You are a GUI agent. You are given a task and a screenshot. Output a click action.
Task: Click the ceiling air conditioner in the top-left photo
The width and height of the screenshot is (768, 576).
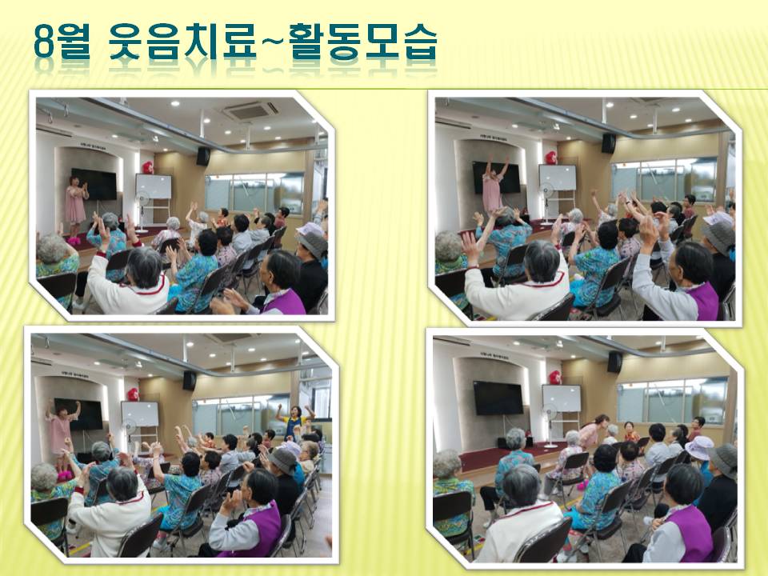[x=250, y=112]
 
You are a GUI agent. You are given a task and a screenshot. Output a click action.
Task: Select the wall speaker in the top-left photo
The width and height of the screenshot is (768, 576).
[x=202, y=156]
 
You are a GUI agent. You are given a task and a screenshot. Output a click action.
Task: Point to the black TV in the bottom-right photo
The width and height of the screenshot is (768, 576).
[x=498, y=398]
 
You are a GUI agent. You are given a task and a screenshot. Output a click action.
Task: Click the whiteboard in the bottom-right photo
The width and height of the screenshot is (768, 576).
[x=562, y=398]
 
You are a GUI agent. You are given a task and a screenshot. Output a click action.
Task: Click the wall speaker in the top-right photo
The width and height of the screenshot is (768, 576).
[x=609, y=143]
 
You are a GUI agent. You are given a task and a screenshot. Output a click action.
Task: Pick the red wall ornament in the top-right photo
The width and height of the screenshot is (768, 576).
[x=551, y=158]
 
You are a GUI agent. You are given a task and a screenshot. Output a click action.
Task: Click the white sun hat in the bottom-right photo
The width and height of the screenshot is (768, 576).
[x=699, y=448]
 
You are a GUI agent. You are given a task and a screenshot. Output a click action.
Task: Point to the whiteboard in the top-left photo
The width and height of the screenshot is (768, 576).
[x=154, y=186]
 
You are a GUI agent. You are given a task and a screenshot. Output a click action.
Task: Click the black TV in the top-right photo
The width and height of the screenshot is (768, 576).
[x=496, y=178]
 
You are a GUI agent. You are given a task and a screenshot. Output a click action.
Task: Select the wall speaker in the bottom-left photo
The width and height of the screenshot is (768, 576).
[x=190, y=381]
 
